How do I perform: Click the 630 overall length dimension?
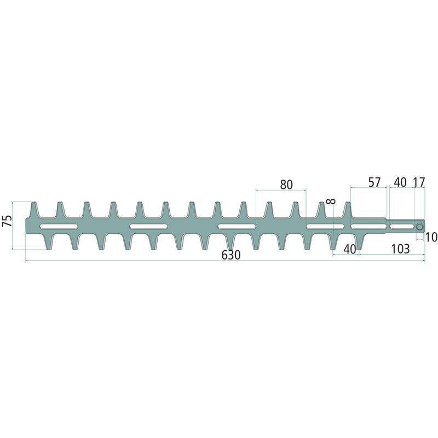point(231,255)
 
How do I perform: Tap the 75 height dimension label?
point(8,221)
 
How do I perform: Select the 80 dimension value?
point(286,185)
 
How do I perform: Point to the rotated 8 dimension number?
point(331,201)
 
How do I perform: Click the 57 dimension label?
point(374,182)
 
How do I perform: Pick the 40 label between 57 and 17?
point(400,182)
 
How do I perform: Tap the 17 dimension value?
point(419,182)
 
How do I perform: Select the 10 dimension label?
point(431,237)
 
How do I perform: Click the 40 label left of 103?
point(350,249)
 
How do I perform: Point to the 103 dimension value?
point(400,249)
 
